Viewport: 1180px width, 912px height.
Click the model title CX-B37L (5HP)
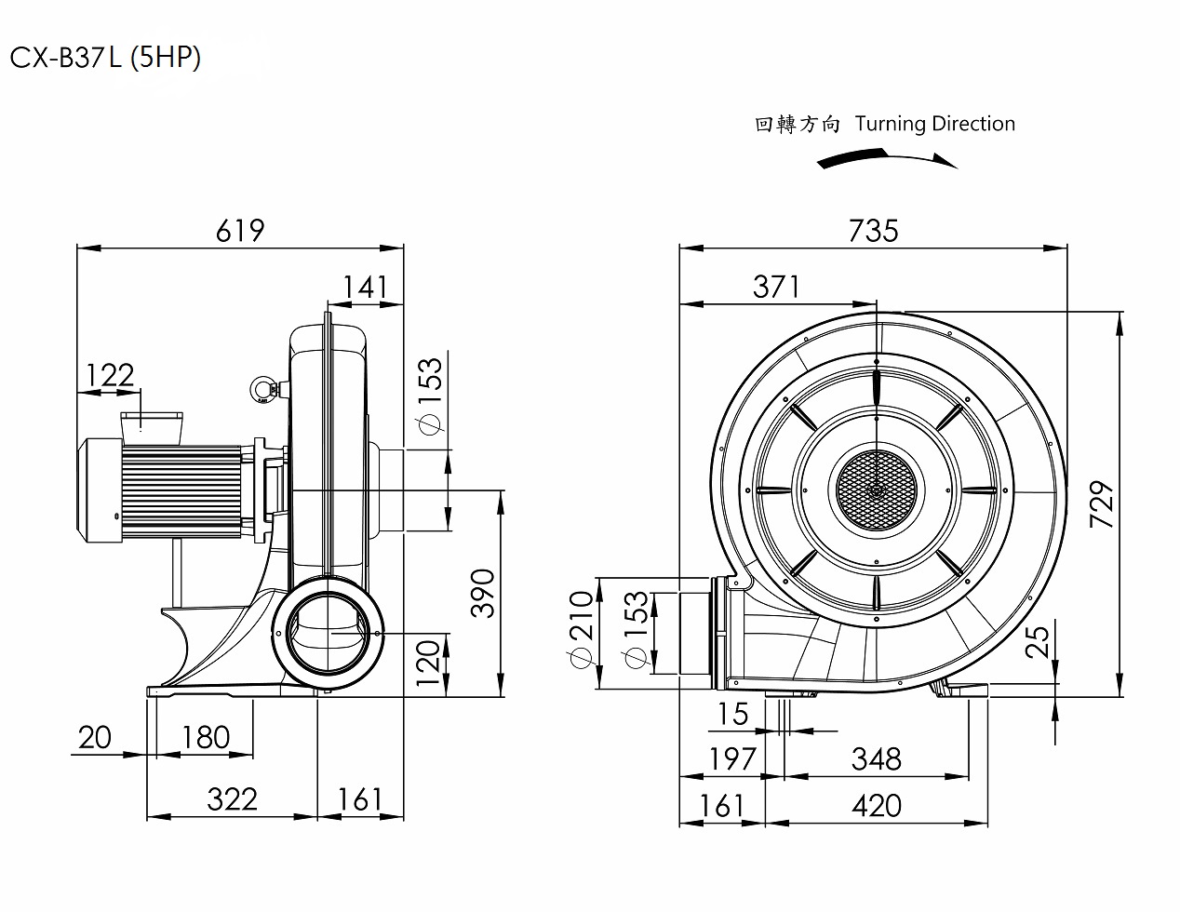[x=105, y=58]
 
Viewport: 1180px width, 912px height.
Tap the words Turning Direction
[x=934, y=124]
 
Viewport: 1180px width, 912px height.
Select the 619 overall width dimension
[x=240, y=230]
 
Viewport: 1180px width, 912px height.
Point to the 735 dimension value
[x=873, y=230]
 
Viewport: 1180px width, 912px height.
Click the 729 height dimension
[x=1102, y=505]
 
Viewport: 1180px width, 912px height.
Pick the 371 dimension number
[x=776, y=286]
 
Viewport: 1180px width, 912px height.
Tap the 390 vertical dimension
[x=483, y=593]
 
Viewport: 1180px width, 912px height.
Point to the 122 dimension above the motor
[x=110, y=375]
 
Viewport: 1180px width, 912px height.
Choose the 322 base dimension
[x=232, y=798]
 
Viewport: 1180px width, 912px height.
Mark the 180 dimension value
[x=205, y=737]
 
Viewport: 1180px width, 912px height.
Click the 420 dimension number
[x=876, y=805]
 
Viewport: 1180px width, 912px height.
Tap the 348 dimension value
[x=876, y=758]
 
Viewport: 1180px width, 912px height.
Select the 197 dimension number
[x=732, y=758]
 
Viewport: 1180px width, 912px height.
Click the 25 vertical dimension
[x=1039, y=639]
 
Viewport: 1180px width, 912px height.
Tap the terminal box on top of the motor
[x=151, y=425]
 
